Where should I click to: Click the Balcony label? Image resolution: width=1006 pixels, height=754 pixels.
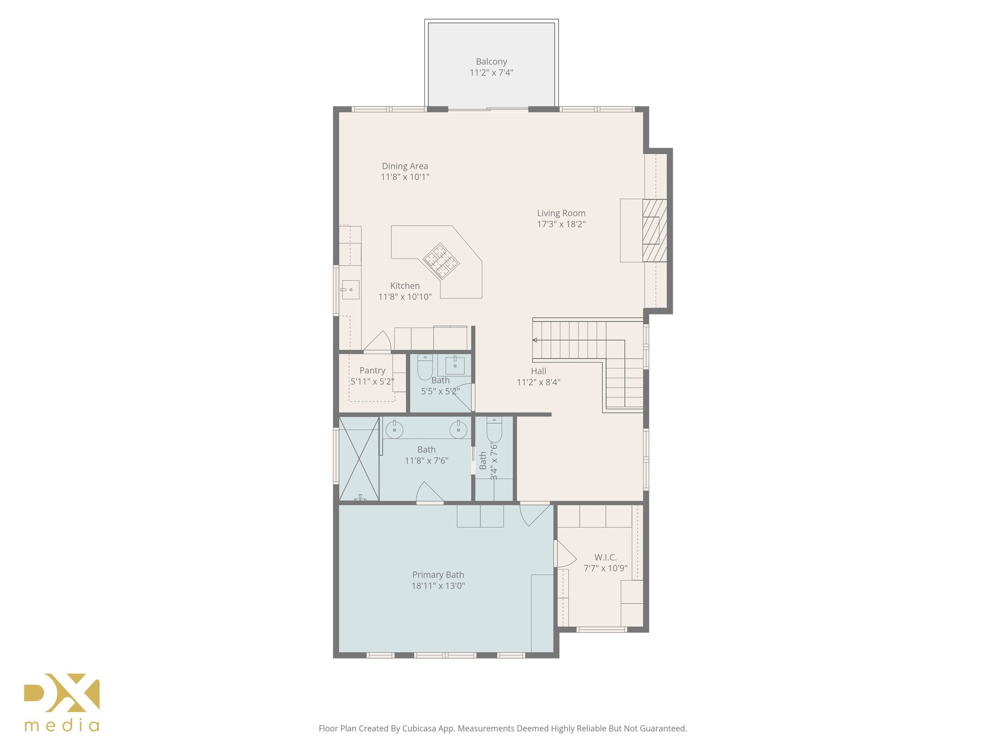[x=491, y=62]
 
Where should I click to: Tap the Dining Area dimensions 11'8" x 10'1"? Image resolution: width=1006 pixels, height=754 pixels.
[x=405, y=177]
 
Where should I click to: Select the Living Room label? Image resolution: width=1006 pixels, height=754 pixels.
[x=561, y=213]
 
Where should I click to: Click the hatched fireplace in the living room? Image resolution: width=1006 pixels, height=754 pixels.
[x=654, y=230]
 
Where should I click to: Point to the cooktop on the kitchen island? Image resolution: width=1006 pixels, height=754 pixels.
[x=441, y=261]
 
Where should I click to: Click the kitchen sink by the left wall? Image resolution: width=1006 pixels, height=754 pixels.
[x=350, y=290]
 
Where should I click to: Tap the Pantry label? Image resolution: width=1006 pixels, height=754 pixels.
[x=372, y=371]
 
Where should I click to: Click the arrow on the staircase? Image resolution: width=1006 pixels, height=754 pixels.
[x=535, y=340]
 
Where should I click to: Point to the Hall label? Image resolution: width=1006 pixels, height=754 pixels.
[x=538, y=372]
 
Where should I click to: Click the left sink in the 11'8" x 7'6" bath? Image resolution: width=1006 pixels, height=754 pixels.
[x=394, y=430]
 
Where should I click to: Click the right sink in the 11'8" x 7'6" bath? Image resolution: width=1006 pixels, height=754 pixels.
[x=458, y=430]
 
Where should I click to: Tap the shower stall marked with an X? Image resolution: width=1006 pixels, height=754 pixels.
[x=359, y=458]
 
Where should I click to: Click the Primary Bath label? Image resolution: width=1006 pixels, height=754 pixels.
[x=438, y=575]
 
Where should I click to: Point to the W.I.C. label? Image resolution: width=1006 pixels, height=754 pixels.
[x=605, y=558]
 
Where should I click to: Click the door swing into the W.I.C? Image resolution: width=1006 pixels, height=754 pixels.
[x=565, y=554]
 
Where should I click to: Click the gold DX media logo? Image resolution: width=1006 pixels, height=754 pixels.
[x=62, y=702]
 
